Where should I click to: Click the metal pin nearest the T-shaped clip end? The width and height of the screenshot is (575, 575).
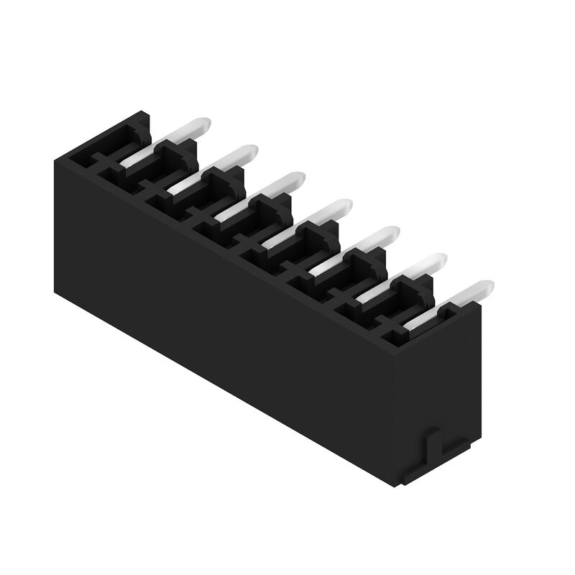[x=460, y=301]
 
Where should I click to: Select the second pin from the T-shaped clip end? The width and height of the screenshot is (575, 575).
[x=413, y=275]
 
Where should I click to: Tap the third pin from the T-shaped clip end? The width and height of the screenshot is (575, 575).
[x=366, y=247]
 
